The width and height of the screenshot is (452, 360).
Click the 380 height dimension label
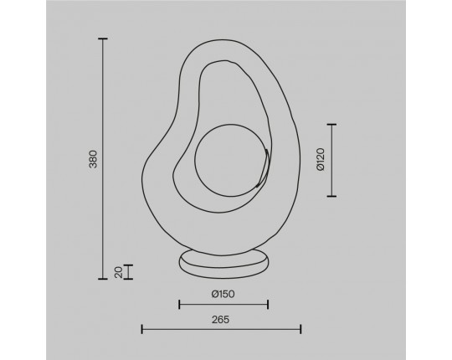[94, 159]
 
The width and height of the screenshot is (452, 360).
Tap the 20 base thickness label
[119, 272]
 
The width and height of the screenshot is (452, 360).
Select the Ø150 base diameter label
[223, 294]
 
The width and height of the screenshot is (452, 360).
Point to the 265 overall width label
[220, 319]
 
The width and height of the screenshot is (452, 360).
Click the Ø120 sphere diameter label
[321, 160]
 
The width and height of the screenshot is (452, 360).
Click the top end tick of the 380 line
[103, 39]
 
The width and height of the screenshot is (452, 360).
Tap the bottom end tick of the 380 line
[103, 279]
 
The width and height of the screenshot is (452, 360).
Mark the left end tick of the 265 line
[141, 329]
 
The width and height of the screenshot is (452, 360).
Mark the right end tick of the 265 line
[300, 329]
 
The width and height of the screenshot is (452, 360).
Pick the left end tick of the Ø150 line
[179, 305]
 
